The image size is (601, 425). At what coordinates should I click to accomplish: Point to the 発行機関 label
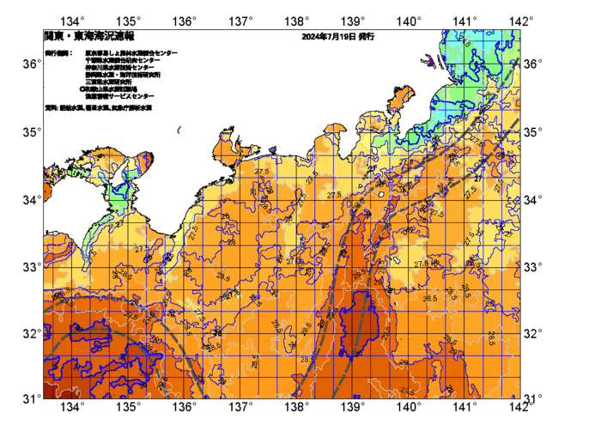[x=58, y=53]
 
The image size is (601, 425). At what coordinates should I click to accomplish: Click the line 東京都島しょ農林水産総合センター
[x=131, y=53]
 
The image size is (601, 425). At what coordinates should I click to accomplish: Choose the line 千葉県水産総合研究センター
[x=124, y=61]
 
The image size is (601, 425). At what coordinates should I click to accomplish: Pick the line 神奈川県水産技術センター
[x=119, y=68]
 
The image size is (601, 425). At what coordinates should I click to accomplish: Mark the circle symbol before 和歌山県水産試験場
[x=82, y=88]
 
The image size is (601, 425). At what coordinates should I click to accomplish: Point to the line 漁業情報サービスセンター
[x=118, y=96]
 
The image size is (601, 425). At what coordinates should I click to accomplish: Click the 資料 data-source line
[x=98, y=108]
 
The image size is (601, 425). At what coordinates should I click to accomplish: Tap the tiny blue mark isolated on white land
[x=179, y=131]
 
